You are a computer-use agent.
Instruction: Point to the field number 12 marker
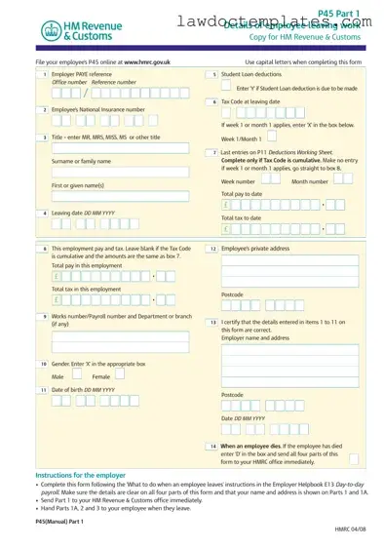[x=212, y=249]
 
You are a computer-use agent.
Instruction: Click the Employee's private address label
[x=255, y=249]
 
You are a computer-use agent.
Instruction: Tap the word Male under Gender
[x=58, y=375]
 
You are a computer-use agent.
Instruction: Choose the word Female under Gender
[x=101, y=375]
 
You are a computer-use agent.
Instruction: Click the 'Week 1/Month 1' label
[x=241, y=138]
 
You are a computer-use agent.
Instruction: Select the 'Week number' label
[x=239, y=181]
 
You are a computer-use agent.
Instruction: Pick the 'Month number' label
[x=310, y=181]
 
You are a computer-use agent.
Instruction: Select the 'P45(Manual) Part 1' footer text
[x=59, y=522]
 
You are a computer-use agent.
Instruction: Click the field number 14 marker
[x=212, y=446]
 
